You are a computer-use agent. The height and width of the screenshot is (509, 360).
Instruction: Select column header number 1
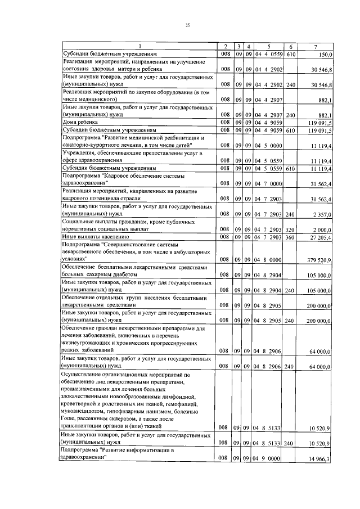click(x=139, y=46)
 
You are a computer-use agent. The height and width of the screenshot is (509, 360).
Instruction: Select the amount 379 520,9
click(x=321, y=259)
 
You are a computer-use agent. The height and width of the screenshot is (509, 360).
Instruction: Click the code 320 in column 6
click(x=291, y=229)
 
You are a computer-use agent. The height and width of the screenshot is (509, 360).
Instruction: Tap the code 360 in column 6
click(x=291, y=238)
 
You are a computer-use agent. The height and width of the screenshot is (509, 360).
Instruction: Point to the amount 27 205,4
click(x=322, y=238)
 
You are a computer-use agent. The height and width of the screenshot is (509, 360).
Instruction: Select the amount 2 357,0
click(x=323, y=214)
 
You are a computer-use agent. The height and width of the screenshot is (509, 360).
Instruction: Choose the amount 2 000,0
click(x=323, y=229)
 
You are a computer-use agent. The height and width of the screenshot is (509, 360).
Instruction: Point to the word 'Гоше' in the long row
click(x=71, y=419)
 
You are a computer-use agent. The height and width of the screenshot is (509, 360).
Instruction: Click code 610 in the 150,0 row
click(x=291, y=55)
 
